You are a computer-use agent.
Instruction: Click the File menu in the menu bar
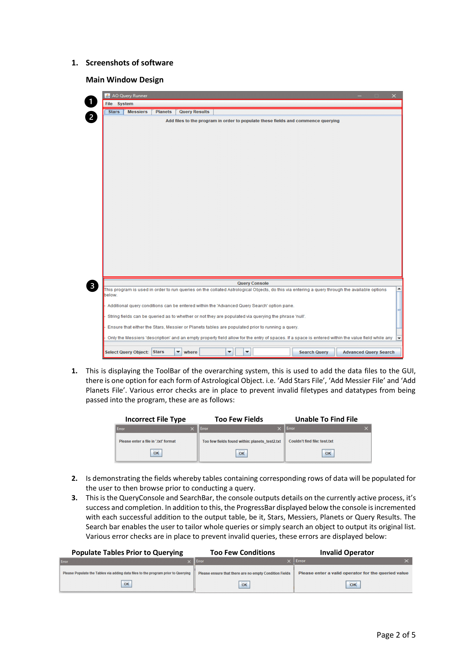coord(109,104)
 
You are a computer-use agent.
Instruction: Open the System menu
coord(125,104)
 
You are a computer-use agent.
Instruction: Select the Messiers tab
coord(138,112)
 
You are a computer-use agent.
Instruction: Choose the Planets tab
coord(163,112)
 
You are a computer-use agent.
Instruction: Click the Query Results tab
coord(194,112)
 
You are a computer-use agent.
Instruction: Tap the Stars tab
coord(114,112)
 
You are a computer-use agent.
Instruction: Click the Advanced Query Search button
coord(368,352)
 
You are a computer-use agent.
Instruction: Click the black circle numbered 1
coord(91,102)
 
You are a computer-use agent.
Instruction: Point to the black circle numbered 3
coord(92,286)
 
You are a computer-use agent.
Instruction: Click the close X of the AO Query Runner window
coord(394,96)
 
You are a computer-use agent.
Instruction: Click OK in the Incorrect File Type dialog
coord(156,453)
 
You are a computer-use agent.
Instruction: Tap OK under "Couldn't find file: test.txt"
coord(328,453)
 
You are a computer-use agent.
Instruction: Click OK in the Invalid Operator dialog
coord(353,585)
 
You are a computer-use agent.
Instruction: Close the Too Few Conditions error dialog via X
coord(289,561)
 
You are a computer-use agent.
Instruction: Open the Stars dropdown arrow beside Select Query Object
coord(178,352)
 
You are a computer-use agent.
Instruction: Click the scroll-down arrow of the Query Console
coord(399,338)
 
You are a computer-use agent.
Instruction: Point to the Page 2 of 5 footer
coord(396,635)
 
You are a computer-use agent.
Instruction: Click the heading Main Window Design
coord(125,80)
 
